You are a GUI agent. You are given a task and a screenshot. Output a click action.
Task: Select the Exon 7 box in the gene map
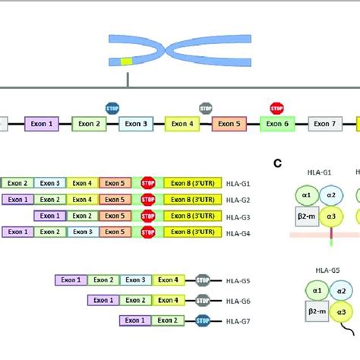pyautogui.click(x=324, y=123)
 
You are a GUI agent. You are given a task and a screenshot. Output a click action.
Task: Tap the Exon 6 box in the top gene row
pyautogui.click(x=277, y=123)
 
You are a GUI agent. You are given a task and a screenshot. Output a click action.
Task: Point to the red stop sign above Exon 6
pyautogui.click(x=276, y=108)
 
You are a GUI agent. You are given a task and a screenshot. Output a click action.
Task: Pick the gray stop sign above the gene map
pyautogui.click(x=206, y=108)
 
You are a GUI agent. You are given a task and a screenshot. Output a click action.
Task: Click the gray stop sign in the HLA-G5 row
pyautogui.click(x=202, y=280)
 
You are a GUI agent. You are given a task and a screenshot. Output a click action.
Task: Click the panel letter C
pyautogui.click(x=277, y=162)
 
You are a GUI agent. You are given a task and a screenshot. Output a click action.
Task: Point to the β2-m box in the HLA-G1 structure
pyautogui.click(x=304, y=217)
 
